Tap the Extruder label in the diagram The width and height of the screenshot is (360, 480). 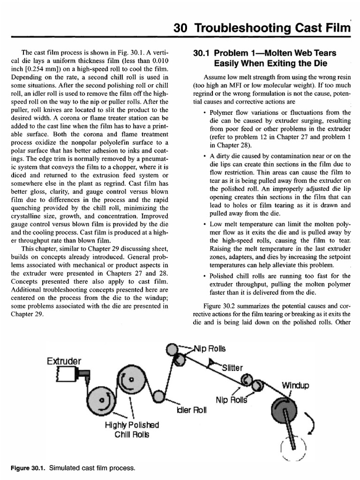pyautogui.click(x=64, y=360)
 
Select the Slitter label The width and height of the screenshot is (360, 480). pyautogui.click(x=230, y=367)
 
